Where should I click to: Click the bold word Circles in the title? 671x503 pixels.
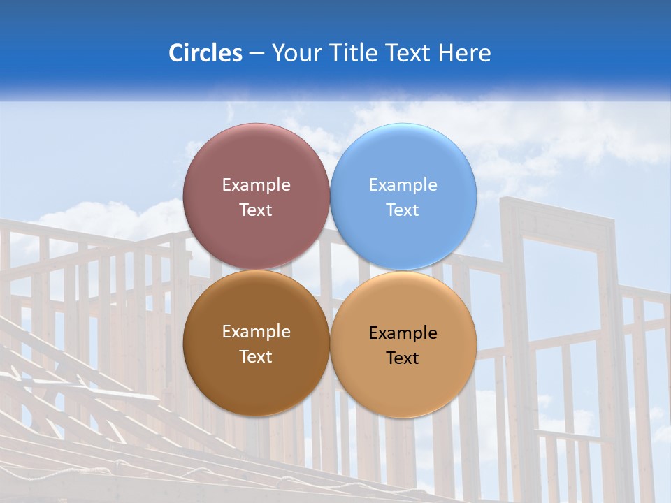[x=205, y=53]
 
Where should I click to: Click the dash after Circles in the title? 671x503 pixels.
[x=256, y=54]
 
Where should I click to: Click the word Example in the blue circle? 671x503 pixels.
[x=403, y=185]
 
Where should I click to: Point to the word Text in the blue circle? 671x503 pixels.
[x=403, y=210]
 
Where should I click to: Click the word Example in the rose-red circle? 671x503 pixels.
[x=256, y=185]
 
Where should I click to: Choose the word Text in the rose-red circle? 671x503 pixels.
[x=256, y=210]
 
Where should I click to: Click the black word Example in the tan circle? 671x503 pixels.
[x=403, y=333]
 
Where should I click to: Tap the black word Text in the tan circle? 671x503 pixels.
[x=403, y=358]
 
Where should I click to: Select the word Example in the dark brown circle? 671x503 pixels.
[x=256, y=332]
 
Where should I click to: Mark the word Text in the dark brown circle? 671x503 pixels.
[x=256, y=357]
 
